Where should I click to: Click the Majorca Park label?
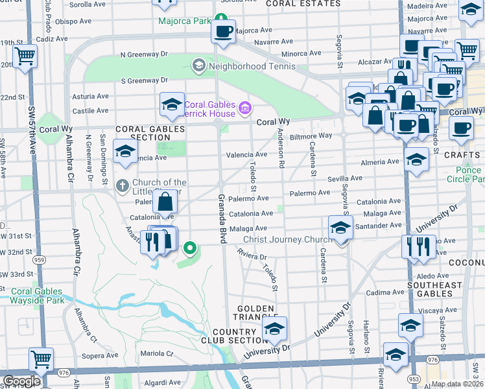coord(185,20)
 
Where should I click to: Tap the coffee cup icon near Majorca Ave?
coord(224,30)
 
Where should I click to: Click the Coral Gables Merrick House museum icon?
coord(244,107)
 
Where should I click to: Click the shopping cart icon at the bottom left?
coord(41,359)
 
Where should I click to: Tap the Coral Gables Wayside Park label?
coord(37,296)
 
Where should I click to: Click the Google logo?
coord(21,381)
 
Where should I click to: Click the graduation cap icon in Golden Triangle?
coord(275,329)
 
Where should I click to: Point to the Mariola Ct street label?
coord(158,354)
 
